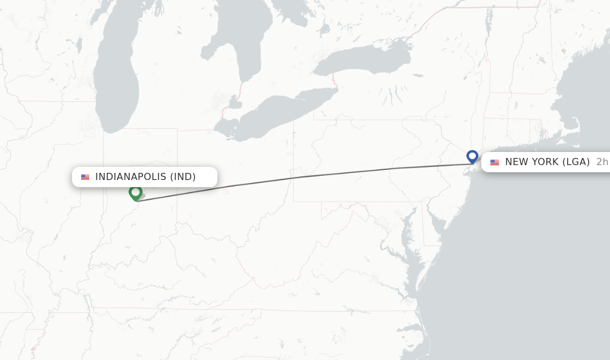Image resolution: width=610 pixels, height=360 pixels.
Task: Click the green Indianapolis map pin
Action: click(x=135, y=193)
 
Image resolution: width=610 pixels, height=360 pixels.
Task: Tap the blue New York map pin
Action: click(x=472, y=156)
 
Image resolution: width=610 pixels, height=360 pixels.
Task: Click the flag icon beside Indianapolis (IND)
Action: click(x=85, y=177)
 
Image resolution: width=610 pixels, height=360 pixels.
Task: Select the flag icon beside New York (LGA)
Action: click(x=494, y=162)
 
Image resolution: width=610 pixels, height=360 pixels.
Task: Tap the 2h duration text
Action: click(x=602, y=162)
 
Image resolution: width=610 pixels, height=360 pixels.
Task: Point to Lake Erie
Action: click(x=280, y=113)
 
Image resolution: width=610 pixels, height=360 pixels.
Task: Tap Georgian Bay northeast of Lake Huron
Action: click(x=292, y=24)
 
